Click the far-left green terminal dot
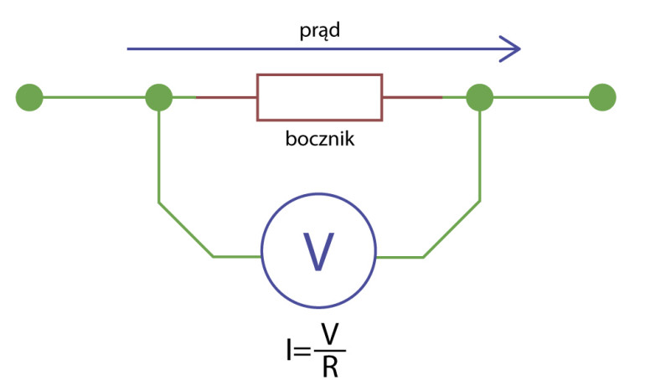(x=29, y=98)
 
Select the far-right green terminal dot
(x=602, y=98)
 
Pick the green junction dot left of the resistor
(x=159, y=98)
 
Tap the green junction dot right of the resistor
(x=479, y=98)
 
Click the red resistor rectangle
(x=319, y=98)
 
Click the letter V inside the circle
(x=318, y=250)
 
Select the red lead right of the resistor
(x=412, y=98)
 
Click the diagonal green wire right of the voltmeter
(x=451, y=229)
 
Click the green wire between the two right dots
(x=541, y=98)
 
